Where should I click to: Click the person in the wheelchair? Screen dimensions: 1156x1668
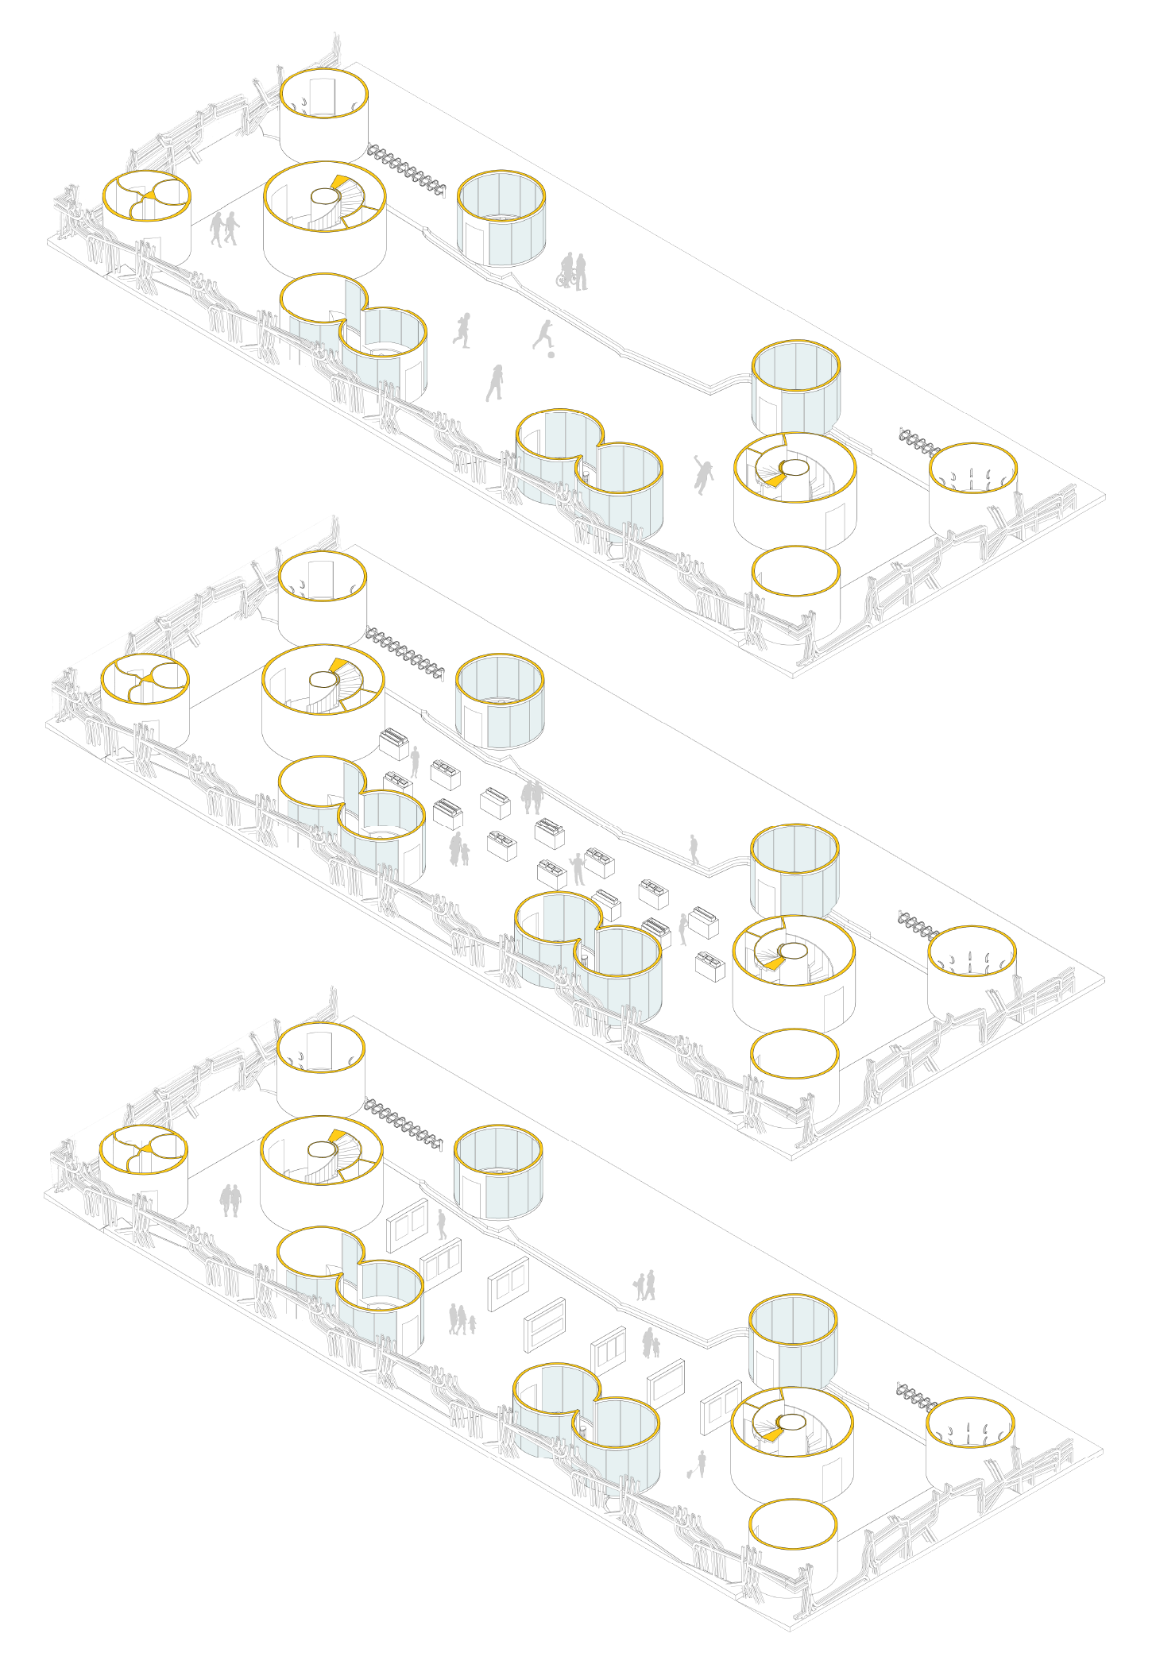click(566, 272)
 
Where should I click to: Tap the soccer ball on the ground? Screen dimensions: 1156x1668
click(551, 354)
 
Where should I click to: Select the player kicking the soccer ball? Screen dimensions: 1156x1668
click(543, 334)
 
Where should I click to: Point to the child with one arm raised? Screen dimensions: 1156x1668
click(702, 474)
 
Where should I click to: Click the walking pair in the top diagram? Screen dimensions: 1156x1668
click(224, 229)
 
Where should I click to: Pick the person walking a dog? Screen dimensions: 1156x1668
click(700, 1463)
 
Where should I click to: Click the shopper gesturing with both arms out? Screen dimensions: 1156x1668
click(578, 869)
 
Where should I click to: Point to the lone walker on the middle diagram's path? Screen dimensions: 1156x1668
click(694, 849)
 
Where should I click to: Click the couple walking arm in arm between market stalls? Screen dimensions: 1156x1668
click(532, 796)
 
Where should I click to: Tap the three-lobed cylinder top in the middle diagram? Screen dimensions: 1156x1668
click(145, 679)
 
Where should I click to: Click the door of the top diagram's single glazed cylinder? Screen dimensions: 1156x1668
click(475, 241)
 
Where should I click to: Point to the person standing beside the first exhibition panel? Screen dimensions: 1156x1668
click(442, 1224)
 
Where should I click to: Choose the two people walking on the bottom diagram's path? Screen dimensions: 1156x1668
click(644, 1284)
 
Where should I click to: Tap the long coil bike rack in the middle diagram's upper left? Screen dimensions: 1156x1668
click(404, 654)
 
